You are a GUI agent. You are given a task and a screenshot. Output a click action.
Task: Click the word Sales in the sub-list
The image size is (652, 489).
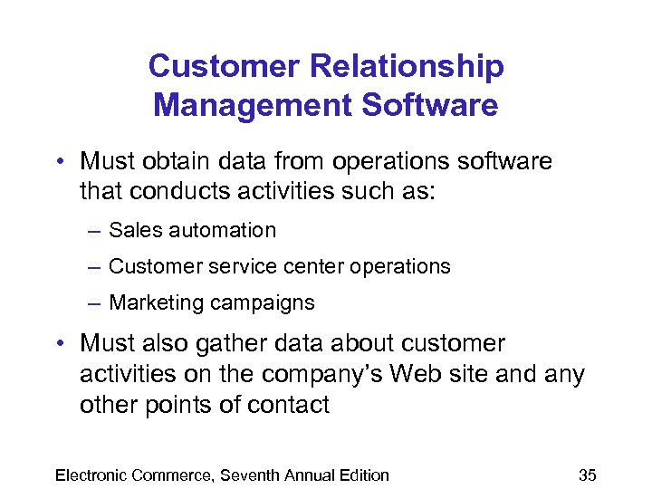(129, 231)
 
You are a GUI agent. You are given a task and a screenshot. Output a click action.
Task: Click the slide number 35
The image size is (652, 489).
(587, 475)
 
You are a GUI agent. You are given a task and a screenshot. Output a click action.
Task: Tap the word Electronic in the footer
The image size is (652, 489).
(91, 475)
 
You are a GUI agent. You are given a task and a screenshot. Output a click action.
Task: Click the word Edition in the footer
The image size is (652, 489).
(361, 475)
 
